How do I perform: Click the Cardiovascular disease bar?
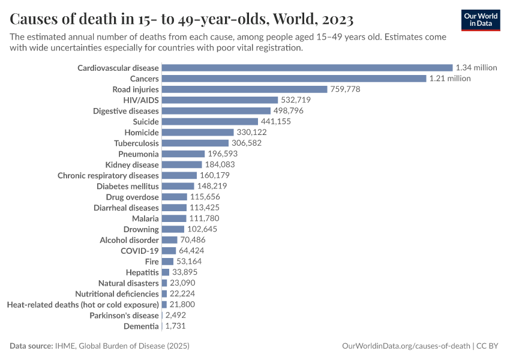[307, 68]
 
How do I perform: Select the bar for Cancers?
[294, 79]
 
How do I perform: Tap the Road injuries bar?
[244, 89]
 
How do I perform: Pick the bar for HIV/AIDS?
[220, 100]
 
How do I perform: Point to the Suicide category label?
[146, 122]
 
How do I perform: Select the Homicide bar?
[197, 133]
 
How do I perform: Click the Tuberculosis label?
[136, 143]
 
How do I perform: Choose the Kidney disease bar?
[182, 165]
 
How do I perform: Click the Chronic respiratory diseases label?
[108, 176]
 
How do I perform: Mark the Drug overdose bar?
[175, 197]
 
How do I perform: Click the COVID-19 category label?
[140, 251]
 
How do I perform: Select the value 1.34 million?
[476, 68]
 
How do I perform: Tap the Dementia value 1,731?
[177, 326]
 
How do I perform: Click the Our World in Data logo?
[481, 20]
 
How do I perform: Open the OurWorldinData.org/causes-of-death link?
[405, 346]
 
